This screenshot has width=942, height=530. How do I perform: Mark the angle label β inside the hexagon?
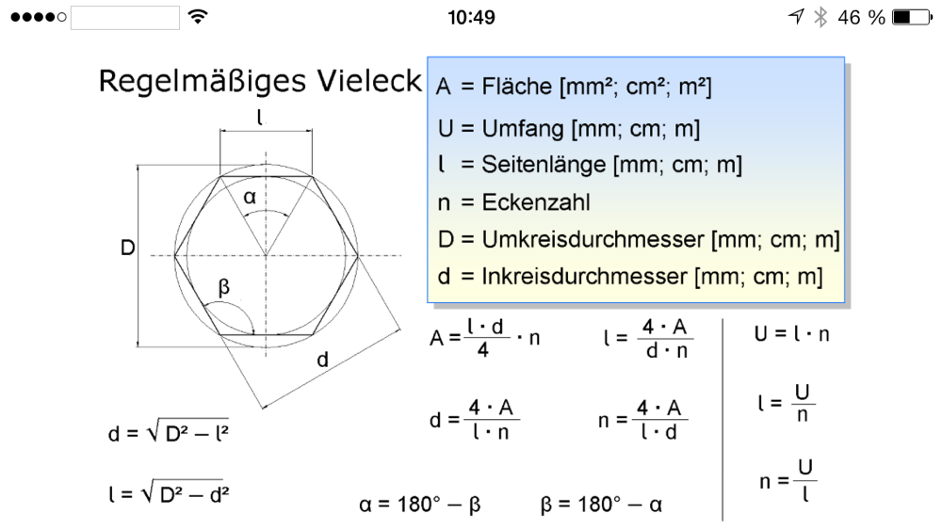click(x=223, y=287)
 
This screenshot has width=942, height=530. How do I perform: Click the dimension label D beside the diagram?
click(x=127, y=249)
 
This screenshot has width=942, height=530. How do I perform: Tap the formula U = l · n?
click(x=792, y=333)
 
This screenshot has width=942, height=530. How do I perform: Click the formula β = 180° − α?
click(x=602, y=505)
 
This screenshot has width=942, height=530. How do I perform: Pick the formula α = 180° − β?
click(x=420, y=505)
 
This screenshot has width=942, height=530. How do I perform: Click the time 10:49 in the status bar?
click(x=470, y=17)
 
